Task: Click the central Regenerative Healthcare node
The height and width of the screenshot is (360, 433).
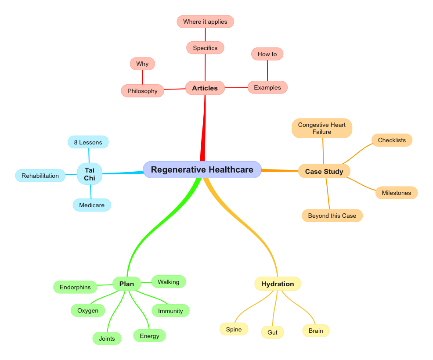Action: tap(202, 169)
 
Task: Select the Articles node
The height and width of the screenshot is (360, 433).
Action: tap(205, 88)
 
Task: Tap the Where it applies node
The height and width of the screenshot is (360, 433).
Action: tap(205, 22)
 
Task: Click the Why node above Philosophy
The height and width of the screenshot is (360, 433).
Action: tap(142, 64)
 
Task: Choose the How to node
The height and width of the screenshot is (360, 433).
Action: tap(267, 54)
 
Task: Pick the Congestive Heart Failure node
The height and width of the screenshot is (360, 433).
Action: tap(322, 128)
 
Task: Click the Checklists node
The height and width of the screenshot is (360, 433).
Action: tap(392, 140)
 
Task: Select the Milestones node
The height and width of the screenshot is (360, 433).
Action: tap(396, 193)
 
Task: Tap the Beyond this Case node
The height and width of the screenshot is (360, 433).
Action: tap(332, 216)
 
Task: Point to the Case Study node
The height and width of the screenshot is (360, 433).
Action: tap(324, 171)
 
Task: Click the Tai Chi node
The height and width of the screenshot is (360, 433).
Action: tap(90, 174)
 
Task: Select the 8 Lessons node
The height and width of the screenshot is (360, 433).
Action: tap(88, 142)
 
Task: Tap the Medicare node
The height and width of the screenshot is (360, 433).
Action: tap(92, 205)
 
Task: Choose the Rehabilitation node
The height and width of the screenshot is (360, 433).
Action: tap(40, 176)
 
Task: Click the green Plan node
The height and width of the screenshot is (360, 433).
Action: tap(126, 284)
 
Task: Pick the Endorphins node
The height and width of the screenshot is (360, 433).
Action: tap(75, 287)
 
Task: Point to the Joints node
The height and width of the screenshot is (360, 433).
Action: tap(107, 338)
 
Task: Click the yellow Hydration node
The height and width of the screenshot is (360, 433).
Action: tap(278, 284)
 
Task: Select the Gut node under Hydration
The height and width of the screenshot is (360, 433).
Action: tap(272, 332)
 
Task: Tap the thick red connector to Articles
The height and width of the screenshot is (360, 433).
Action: tap(204, 132)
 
